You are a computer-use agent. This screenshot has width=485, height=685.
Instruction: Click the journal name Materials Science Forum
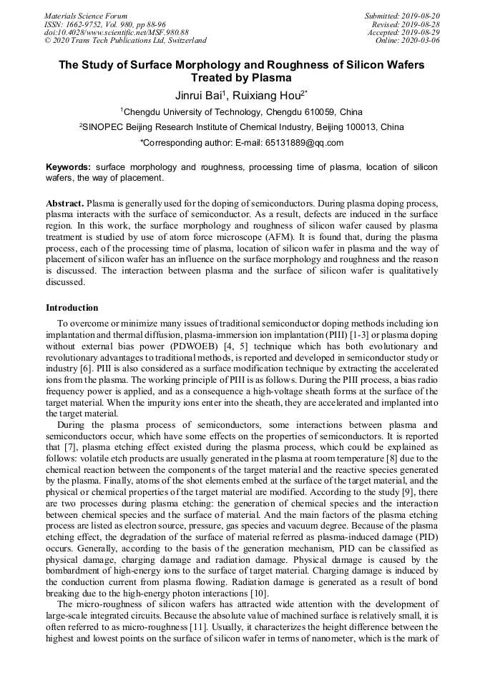86,16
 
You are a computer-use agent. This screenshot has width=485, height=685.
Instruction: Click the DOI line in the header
117,33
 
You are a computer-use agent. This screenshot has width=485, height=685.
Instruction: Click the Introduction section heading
72,308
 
